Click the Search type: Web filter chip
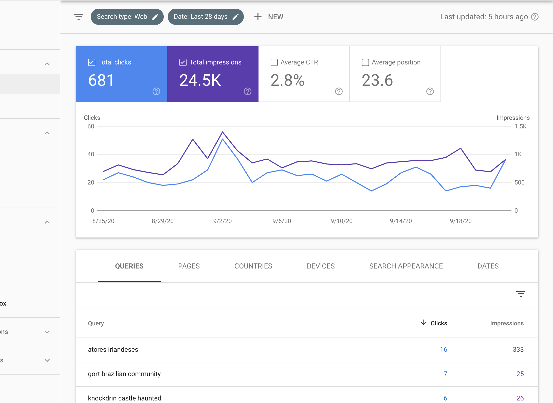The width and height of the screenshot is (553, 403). click(x=127, y=17)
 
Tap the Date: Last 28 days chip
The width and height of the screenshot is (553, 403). click(x=206, y=17)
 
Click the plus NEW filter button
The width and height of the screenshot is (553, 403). click(x=269, y=17)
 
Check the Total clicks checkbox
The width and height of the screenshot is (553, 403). click(x=91, y=62)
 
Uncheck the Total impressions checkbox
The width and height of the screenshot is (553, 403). click(x=183, y=62)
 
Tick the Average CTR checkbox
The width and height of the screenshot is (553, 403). click(x=274, y=62)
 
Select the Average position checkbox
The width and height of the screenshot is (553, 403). click(x=365, y=62)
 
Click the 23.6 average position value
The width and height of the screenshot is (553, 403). click(x=377, y=80)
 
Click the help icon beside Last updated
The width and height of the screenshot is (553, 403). click(x=535, y=17)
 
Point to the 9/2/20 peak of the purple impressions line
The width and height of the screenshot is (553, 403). click(x=223, y=132)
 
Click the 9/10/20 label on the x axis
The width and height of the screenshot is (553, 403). click(x=341, y=221)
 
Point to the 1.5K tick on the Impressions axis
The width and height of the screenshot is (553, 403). click(x=520, y=126)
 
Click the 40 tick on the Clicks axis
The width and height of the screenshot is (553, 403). click(x=91, y=154)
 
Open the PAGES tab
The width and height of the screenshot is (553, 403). click(x=189, y=266)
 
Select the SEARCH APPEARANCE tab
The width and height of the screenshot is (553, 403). click(x=406, y=266)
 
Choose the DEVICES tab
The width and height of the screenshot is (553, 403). click(x=321, y=266)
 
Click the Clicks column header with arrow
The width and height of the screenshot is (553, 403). click(x=434, y=323)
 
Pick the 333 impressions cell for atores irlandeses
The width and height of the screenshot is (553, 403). click(x=518, y=349)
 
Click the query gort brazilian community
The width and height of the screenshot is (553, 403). click(x=124, y=374)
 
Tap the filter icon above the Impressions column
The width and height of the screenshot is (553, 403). click(x=521, y=294)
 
